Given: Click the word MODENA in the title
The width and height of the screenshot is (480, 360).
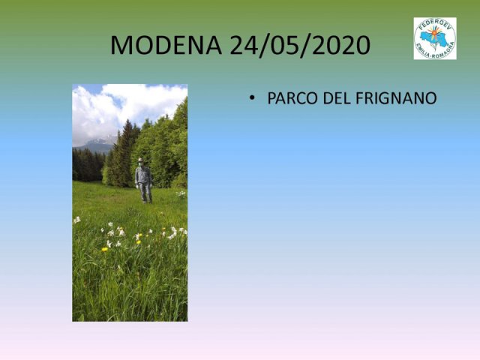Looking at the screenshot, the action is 166,45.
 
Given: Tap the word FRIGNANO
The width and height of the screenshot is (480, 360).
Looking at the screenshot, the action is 397,98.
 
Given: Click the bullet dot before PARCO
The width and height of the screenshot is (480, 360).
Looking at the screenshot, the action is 252,98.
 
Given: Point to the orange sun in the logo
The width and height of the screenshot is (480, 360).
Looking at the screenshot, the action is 435,31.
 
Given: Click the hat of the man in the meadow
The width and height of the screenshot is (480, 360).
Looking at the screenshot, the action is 140,160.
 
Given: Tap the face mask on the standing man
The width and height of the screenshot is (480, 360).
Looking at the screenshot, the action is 141,165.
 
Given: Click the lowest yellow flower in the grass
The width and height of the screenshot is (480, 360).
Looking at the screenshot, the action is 105,250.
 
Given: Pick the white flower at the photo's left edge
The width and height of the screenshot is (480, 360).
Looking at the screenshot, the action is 76,220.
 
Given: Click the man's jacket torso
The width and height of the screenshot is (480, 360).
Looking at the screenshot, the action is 143,175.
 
